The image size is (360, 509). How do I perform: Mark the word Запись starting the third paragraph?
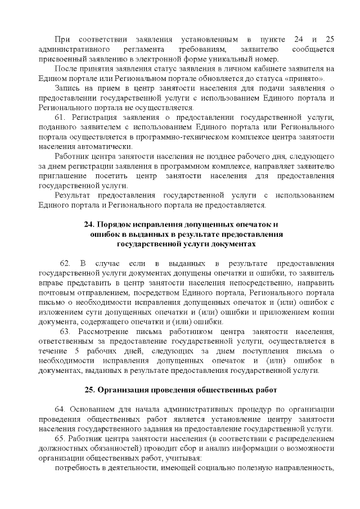[x=70, y=88]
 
